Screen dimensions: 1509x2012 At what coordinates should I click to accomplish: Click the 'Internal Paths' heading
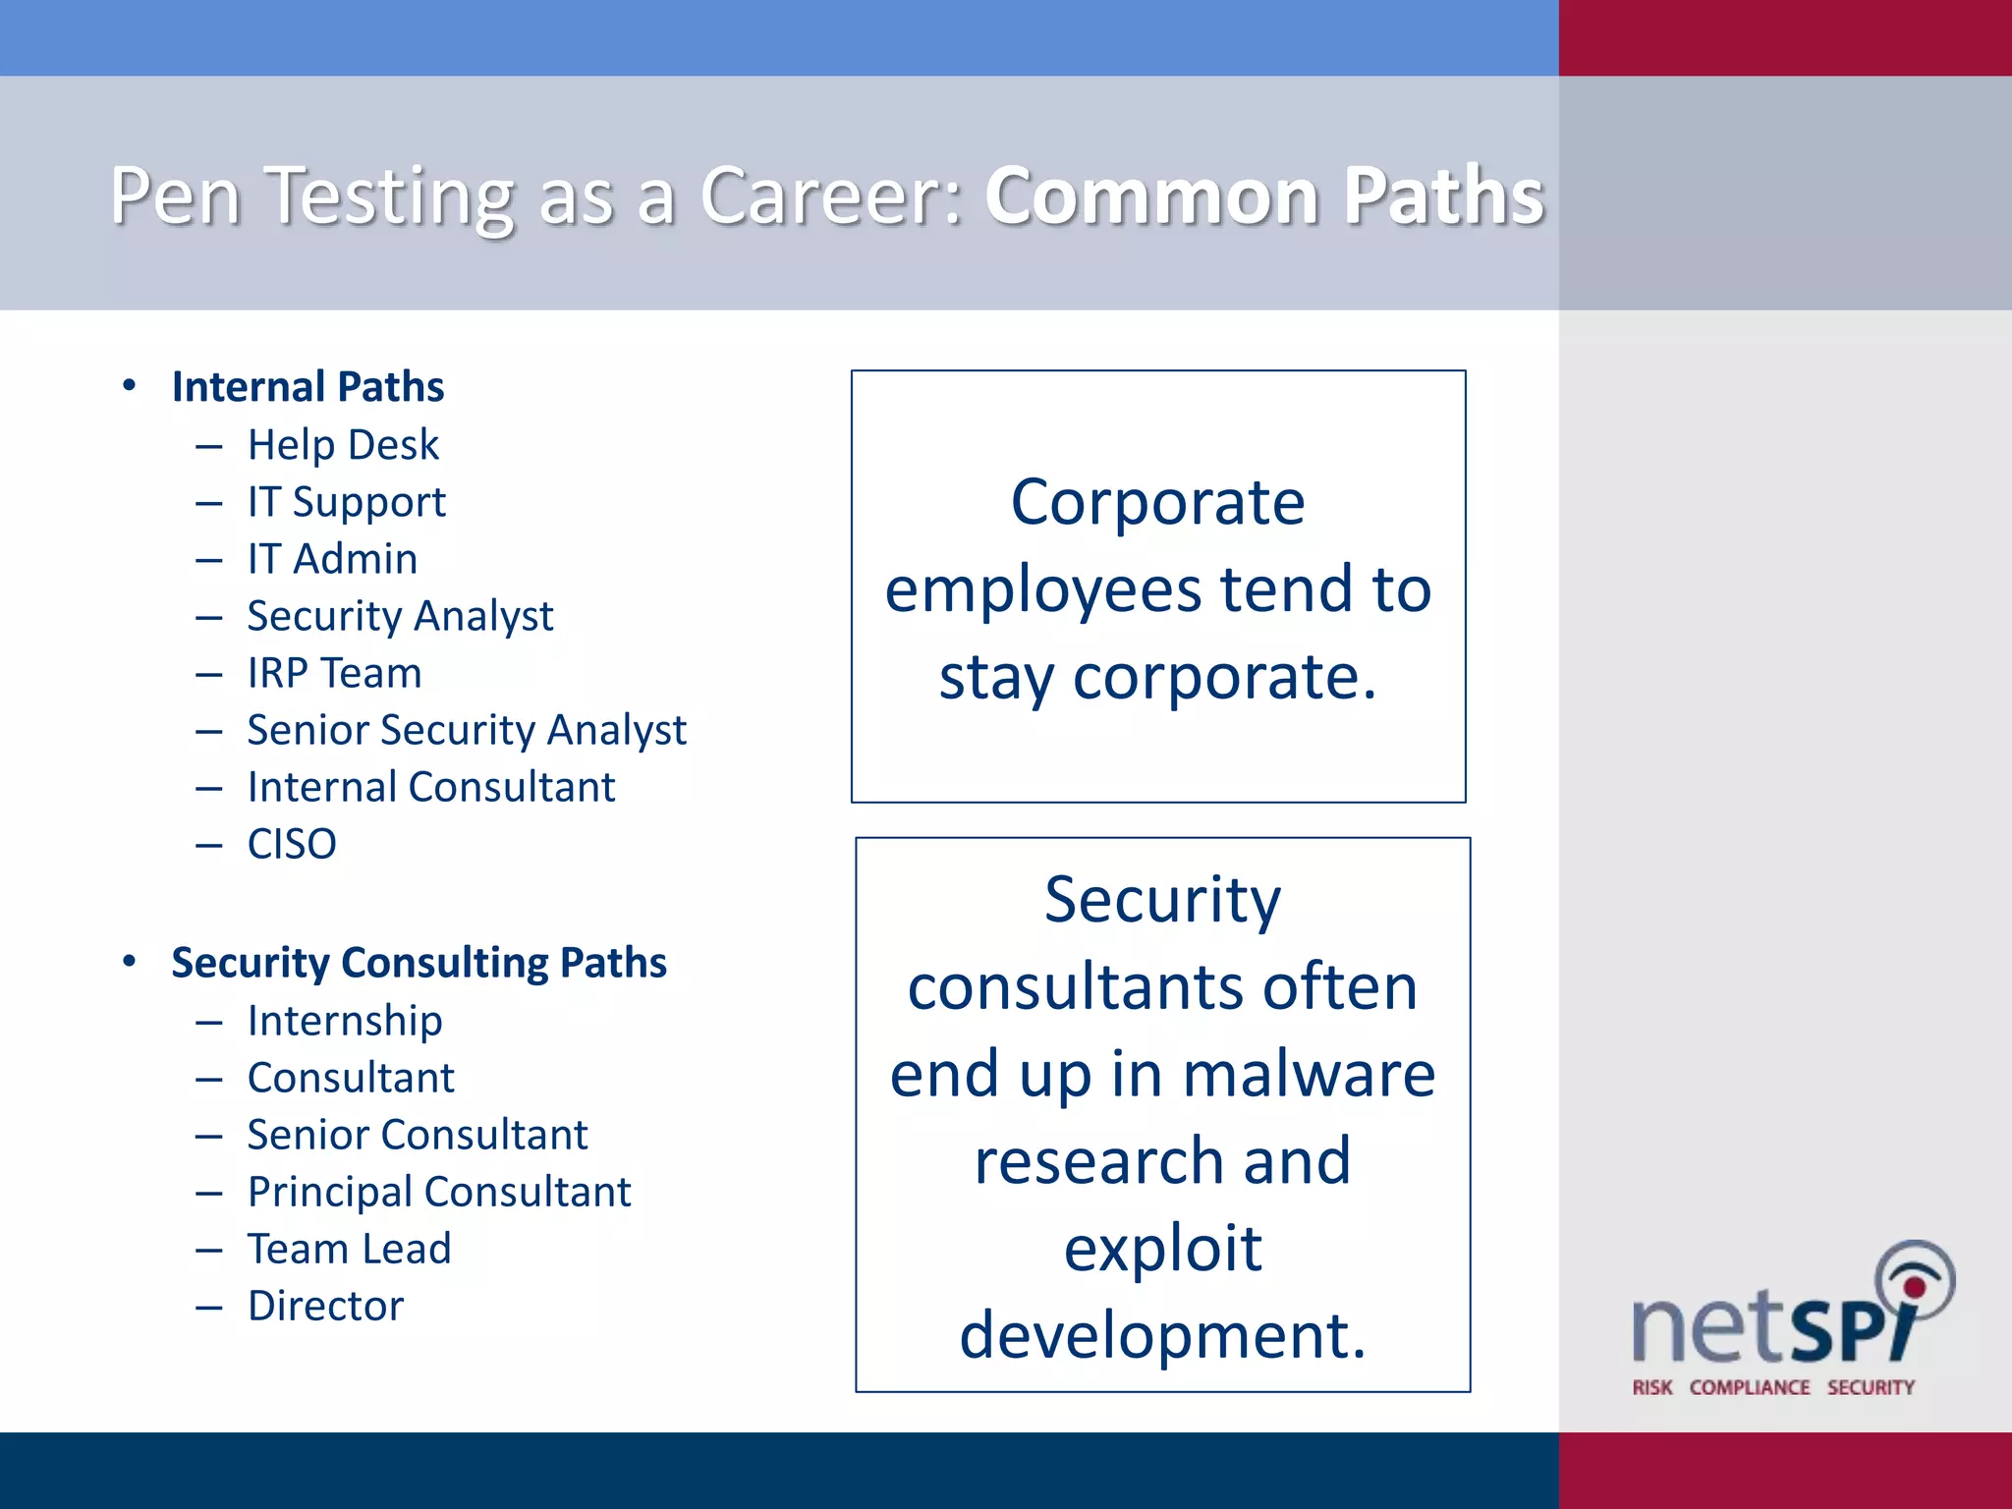307,387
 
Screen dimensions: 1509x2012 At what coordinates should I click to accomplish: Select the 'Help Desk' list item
343,445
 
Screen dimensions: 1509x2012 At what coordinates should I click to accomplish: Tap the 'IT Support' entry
346,502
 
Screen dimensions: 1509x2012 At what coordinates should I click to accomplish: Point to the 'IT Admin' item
332,559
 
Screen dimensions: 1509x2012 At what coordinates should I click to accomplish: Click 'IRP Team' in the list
334,673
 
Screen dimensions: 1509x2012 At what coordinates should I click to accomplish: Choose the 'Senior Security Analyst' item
467,730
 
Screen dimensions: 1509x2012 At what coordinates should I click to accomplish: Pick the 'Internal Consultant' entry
430,787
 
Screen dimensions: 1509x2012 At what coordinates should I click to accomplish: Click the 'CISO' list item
292,844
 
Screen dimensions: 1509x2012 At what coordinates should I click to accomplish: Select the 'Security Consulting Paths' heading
419,963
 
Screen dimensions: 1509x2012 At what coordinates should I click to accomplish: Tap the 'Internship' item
345,1021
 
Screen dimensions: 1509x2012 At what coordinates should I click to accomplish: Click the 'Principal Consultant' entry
439,1192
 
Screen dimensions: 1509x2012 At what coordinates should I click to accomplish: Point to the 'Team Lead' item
349,1249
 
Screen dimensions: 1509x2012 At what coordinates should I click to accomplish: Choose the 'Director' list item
325,1306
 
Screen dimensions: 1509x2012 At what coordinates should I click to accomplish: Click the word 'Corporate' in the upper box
1158,503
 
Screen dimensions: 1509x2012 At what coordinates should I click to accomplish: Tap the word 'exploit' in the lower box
1162,1249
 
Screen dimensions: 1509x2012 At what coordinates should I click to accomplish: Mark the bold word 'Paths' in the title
1443,196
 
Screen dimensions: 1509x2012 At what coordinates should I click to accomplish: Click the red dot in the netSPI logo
1914,1287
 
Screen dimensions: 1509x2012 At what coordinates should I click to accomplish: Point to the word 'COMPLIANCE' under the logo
1750,1387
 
